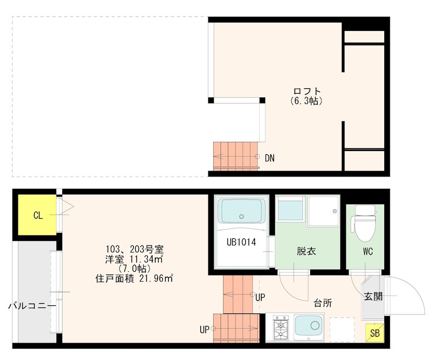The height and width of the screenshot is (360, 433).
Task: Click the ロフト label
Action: tap(307, 91)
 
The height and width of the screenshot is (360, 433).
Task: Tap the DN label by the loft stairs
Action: tap(270, 159)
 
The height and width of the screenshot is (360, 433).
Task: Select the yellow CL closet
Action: tap(37, 215)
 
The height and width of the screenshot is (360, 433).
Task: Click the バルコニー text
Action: tap(32, 306)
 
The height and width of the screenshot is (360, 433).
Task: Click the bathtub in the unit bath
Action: tap(241, 212)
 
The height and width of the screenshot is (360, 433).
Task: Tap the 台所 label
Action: tap(323, 303)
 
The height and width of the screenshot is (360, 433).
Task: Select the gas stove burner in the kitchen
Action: tap(281, 328)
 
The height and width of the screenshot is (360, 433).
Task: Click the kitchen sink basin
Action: tap(309, 327)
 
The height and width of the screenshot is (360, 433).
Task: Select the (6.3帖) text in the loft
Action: tap(306, 101)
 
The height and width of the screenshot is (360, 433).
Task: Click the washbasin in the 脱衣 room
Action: tap(291, 210)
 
